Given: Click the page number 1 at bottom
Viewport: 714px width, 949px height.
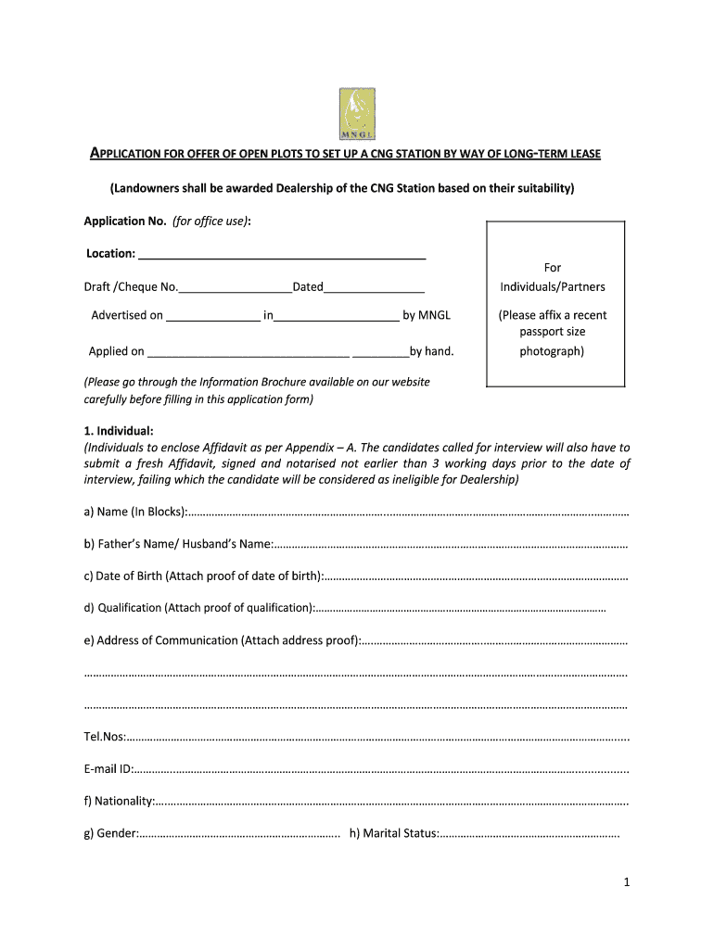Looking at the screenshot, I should [x=627, y=883].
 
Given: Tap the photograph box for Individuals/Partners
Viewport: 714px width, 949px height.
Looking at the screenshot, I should [x=554, y=304].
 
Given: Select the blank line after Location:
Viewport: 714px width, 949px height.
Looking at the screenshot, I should [x=282, y=254].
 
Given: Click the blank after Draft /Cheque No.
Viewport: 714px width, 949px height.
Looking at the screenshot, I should [x=236, y=287].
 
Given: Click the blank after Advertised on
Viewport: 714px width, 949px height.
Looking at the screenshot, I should [x=213, y=316].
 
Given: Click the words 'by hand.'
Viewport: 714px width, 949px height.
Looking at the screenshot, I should [x=432, y=351].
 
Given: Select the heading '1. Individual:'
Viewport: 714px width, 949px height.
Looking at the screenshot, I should [x=119, y=431].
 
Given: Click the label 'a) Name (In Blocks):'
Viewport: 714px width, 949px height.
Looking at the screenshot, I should [x=135, y=512].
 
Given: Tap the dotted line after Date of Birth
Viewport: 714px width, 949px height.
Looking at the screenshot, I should [x=476, y=576].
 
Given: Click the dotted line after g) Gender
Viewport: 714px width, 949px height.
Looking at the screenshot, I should [x=239, y=834].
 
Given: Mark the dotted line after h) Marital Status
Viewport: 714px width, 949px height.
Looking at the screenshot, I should [x=529, y=834].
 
